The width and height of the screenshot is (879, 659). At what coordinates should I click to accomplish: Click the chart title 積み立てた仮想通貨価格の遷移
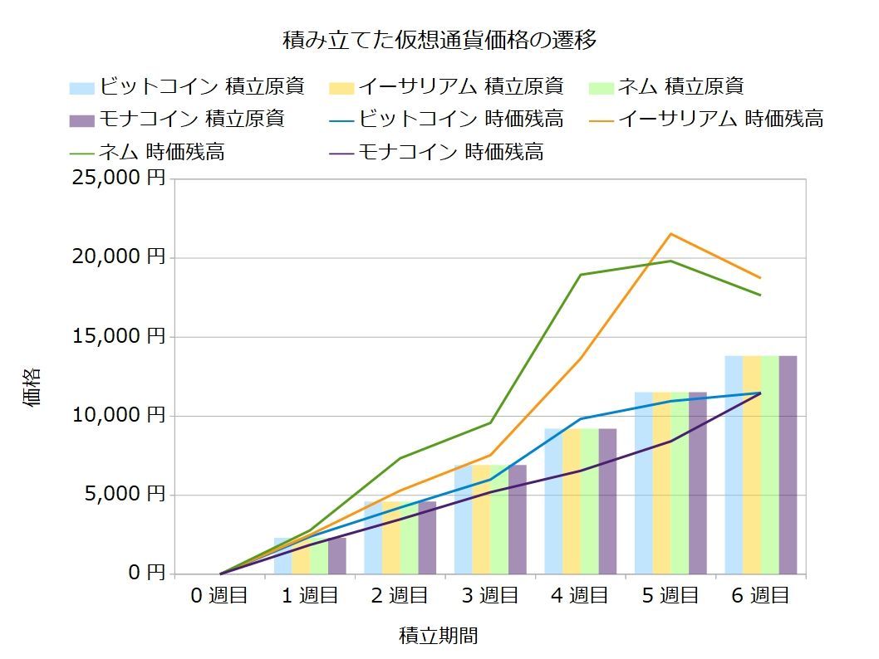point(439,40)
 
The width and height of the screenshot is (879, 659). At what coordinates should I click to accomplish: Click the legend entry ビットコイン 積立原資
point(187,86)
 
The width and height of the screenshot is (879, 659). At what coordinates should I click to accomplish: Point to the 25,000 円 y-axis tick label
point(119,178)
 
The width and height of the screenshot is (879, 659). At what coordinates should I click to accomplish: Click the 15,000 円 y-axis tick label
point(119,337)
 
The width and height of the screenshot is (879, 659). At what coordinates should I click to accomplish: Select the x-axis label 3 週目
point(490,596)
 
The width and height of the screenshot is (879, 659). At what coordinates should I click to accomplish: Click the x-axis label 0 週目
point(220,596)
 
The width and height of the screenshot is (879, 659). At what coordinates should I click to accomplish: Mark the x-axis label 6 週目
point(760,596)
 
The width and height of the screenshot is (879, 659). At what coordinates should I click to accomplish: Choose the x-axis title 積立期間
point(439,637)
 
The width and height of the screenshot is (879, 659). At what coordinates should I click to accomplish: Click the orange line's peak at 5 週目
point(670,233)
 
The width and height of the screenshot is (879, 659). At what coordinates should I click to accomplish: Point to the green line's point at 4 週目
point(580,275)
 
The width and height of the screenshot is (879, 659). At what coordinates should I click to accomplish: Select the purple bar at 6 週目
point(788,465)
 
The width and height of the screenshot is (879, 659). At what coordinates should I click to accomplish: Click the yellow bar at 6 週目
point(751,465)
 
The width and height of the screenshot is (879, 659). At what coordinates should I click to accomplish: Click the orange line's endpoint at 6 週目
point(760,278)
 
